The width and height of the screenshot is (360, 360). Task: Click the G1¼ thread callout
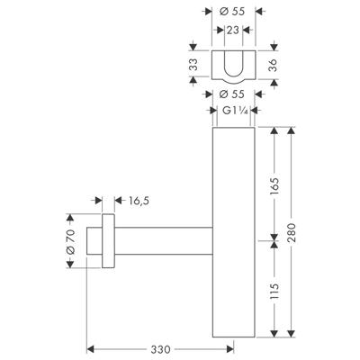(233, 112)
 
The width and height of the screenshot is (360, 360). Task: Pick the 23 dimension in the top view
(233, 30)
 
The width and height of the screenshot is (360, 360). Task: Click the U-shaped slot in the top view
(233, 64)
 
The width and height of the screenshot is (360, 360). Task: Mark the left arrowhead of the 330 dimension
(89, 346)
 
